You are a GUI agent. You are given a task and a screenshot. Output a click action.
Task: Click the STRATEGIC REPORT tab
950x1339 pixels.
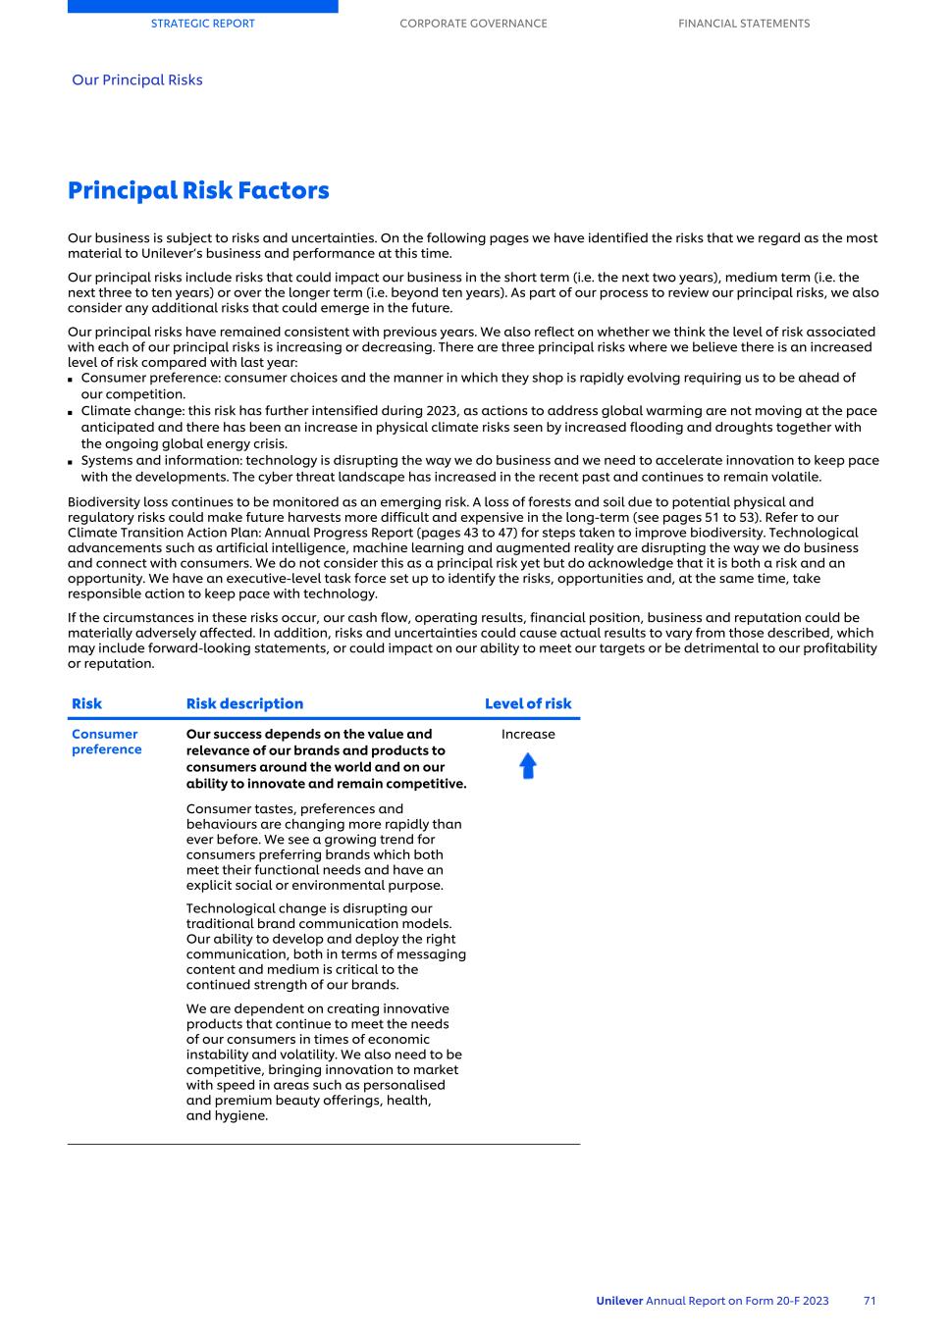[202, 24]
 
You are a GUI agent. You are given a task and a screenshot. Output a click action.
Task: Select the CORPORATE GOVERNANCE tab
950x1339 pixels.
[473, 24]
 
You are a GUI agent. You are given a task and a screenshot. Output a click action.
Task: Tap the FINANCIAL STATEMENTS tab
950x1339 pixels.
[744, 24]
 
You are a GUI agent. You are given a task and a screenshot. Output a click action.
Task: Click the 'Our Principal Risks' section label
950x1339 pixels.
[137, 80]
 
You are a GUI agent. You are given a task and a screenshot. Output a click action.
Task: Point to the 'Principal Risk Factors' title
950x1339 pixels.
[198, 190]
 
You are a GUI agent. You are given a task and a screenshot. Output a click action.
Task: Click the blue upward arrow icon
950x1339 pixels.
[528, 766]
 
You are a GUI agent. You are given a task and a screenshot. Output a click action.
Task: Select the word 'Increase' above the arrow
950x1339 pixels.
[528, 735]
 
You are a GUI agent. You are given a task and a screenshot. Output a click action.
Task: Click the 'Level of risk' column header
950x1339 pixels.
[528, 703]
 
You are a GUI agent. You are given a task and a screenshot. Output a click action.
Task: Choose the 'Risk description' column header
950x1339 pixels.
[244, 703]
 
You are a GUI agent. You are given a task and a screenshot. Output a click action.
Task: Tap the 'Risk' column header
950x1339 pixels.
[86, 703]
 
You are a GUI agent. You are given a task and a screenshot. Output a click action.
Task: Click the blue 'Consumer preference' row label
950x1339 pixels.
[106, 742]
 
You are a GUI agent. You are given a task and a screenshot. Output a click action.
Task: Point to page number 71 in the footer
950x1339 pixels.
[870, 1301]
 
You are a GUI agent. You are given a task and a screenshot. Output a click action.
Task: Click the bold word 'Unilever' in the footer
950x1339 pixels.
[619, 1301]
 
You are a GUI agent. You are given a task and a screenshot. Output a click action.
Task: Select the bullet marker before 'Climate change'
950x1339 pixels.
[71, 412]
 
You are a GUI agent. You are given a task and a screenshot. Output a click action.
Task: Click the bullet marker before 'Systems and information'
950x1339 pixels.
[71, 462]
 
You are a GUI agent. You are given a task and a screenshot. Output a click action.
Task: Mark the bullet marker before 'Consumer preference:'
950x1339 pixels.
[71, 380]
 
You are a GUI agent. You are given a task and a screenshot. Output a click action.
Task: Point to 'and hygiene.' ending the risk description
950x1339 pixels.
[227, 1116]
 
